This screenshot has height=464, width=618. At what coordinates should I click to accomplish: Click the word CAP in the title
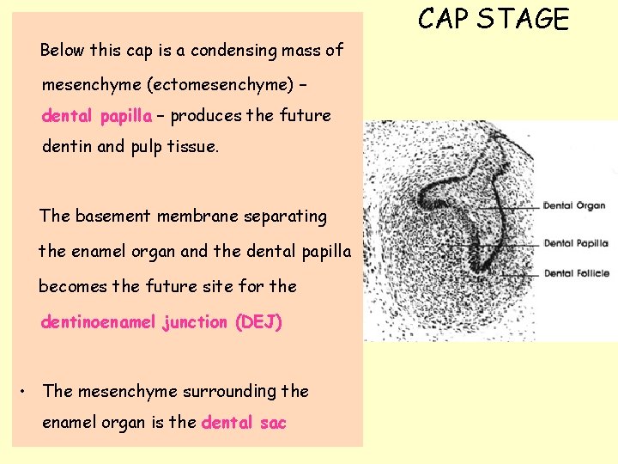tap(445, 19)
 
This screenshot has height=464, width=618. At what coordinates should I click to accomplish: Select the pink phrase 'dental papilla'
tap(97, 115)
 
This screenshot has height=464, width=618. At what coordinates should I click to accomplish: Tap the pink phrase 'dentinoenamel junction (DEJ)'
tap(161, 322)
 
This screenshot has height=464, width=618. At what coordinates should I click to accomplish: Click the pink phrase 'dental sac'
tap(244, 422)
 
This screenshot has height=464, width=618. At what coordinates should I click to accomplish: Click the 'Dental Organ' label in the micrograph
tap(575, 205)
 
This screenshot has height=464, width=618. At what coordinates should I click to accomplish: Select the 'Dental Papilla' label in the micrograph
tap(576, 243)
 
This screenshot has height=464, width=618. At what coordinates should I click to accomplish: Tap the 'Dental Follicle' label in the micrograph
tap(577, 273)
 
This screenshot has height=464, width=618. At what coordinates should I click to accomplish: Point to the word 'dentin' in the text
tap(67, 147)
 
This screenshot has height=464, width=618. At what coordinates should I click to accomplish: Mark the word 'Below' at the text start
tap(63, 50)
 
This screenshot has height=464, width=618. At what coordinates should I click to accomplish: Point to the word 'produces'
tap(205, 115)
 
